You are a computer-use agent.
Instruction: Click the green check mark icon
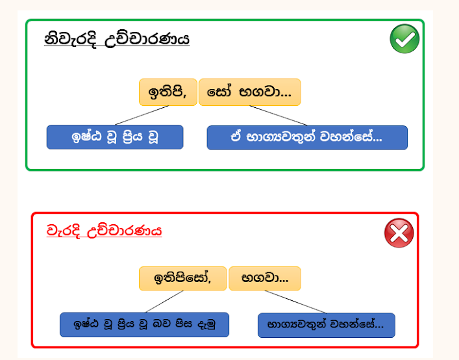click(404, 39)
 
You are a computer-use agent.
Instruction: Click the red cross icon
click(399, 233)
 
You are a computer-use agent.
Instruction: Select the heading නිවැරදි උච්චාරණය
click(117, 39)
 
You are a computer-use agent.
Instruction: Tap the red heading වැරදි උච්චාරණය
click(105, 231)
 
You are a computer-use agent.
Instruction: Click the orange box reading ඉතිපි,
click(168, 92)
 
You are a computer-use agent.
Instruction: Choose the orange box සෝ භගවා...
click(250, 92)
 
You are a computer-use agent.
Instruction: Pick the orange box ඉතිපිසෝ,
click(182, 278)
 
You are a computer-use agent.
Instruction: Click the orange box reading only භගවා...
click(265, 278)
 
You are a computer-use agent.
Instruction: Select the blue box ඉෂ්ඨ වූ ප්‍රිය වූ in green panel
click(115, 137)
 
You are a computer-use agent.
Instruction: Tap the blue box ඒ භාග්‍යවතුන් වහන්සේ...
click(307, 137)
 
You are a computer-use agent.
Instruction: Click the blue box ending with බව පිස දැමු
click(144, 324)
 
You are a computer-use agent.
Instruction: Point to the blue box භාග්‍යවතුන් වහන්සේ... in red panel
click(327, 325)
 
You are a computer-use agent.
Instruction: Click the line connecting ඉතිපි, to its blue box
click(142, 116)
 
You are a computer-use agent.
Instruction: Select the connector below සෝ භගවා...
click(279, 116)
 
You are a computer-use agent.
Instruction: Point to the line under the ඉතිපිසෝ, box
click(164, 302)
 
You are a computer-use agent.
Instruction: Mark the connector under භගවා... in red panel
click(295, 302)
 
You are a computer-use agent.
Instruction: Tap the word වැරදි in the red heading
click(63, 231)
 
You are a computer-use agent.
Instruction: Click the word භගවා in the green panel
click(265, 92)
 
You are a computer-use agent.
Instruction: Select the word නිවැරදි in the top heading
click(70, 40)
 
